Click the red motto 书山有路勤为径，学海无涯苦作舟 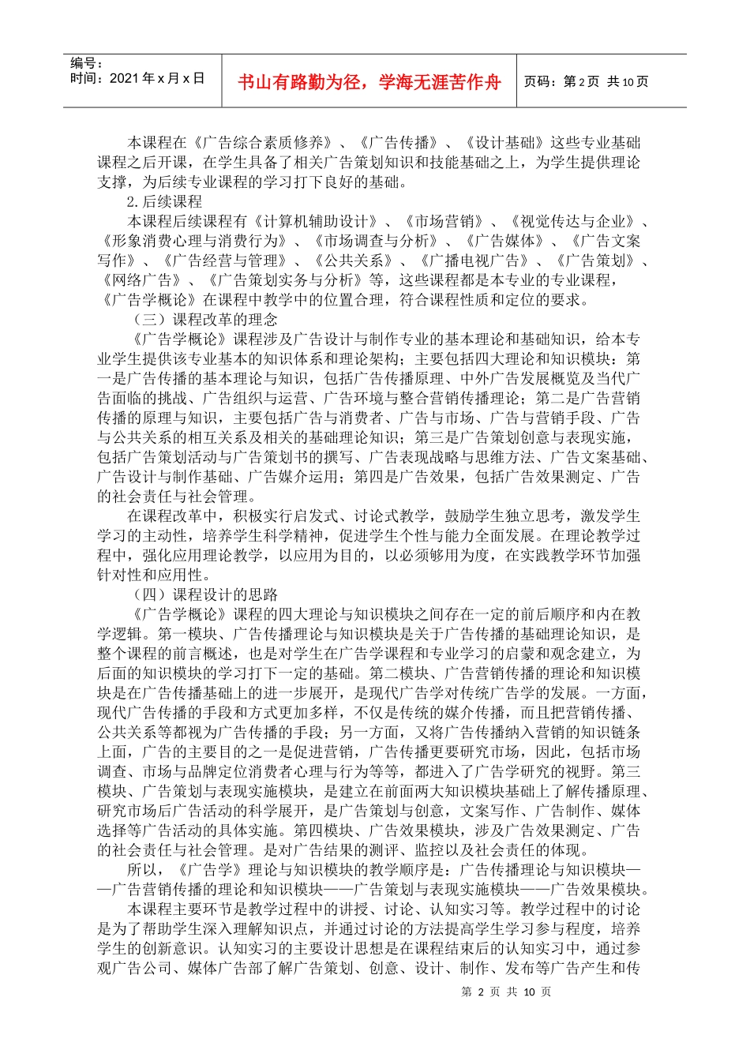(x=369, y=82)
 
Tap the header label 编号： (x=87, y=63)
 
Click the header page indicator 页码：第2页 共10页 (x=586, y=82)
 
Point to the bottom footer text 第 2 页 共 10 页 (x=506, y=992)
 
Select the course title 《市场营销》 (x=442, y=222)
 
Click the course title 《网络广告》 (x=142, y=280)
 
